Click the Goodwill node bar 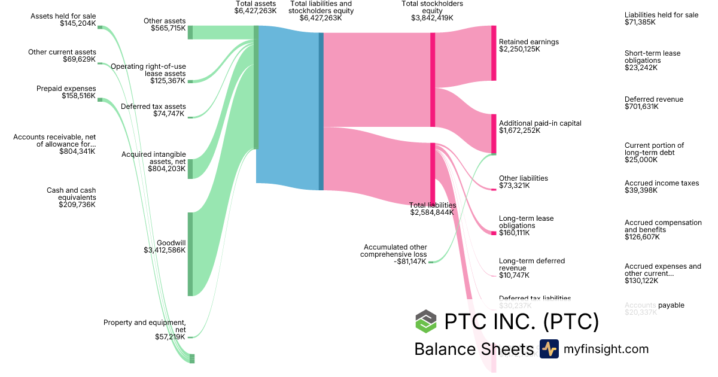coord(190,254)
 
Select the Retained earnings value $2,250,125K coord(519,49)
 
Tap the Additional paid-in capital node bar coord(494,133)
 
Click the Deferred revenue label coord(653,99)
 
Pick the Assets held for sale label coord(63,16)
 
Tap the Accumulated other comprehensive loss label coord(393,251)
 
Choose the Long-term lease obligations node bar coord(494,233)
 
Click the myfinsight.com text coord(606,349)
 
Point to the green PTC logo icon coord(426,321)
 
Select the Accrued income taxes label coord(661,183)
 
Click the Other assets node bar coord(190,32)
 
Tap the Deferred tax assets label coord(153,107)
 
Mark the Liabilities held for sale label coord(661,15)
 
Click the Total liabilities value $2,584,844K coord(433,212)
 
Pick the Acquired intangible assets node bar coord(190,169)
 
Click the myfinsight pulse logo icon coord(549,349)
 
